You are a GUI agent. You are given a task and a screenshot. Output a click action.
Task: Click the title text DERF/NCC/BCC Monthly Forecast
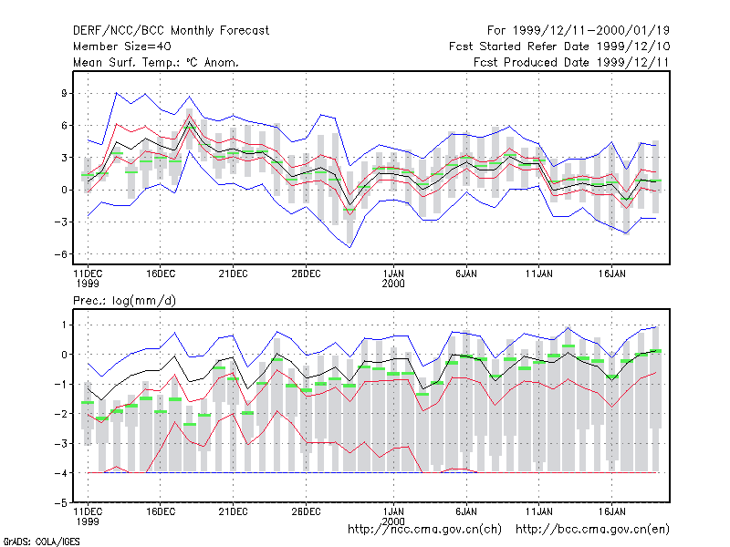(171, 31)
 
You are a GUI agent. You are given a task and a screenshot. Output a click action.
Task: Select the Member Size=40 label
(122, 46)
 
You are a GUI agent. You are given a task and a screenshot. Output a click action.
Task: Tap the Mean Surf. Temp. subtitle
(156, 62)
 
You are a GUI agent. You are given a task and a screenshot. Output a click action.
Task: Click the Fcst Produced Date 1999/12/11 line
(572, 62)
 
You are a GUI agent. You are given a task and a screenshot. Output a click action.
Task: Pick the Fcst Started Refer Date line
(559, 46)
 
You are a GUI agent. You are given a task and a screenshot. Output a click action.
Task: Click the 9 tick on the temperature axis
(64, 94)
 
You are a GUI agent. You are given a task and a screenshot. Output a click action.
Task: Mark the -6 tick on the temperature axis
(61, 254)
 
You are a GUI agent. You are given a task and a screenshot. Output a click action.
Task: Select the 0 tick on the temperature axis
(64, 190)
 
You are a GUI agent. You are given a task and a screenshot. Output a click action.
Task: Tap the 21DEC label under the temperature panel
(234, 274)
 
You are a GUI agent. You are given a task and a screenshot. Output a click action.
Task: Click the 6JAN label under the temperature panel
(466, 274)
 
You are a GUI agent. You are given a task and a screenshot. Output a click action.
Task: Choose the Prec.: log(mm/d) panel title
(124, 301)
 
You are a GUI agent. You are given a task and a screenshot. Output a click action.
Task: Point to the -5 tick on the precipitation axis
(61, 503)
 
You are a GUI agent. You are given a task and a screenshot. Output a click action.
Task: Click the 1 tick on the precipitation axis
(65, 325)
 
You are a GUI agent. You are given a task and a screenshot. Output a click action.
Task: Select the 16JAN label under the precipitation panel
(611, 511)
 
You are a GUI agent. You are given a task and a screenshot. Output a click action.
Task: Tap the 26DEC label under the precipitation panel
(306, 511)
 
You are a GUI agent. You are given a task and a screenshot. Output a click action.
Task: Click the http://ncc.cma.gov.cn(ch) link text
(425, 530)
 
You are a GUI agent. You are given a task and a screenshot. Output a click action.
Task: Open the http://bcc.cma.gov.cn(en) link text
(592, 530)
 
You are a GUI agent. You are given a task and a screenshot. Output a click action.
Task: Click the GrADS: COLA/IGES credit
(42, 542)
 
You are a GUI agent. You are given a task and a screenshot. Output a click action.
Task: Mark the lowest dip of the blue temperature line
(349, 247)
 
